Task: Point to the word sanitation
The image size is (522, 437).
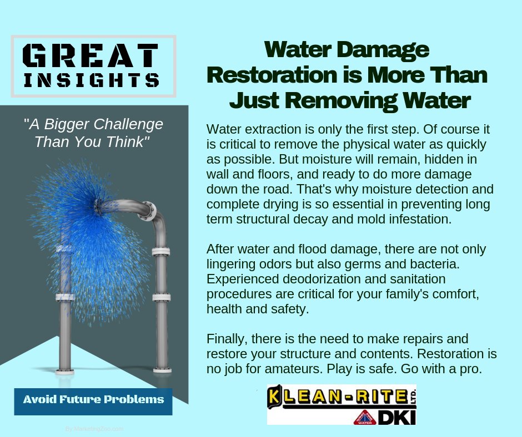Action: point(415,279)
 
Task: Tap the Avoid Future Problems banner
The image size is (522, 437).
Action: point(93,400)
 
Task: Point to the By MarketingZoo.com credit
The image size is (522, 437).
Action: point(94,429)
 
